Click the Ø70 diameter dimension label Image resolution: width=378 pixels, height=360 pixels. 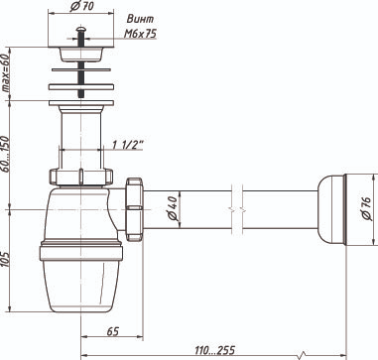[81, 7]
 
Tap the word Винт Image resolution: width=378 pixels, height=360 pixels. [140, 19]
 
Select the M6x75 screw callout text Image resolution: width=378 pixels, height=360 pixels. [140, 33]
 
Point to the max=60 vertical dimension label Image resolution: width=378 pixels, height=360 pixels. [6, 72]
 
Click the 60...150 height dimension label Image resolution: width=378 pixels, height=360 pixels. [6, 153]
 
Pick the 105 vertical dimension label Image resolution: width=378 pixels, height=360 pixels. [6, 260]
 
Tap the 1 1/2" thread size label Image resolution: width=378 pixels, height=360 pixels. [128, 145]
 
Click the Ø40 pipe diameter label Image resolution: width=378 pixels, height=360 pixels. [173, 208]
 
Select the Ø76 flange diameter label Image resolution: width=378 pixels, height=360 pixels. [367, 209]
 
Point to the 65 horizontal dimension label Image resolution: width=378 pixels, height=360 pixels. [113, 331]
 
